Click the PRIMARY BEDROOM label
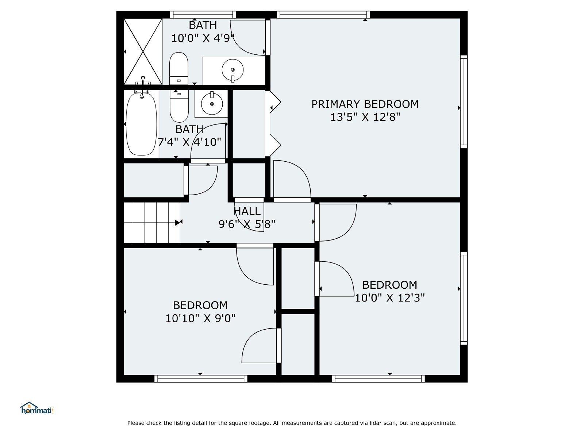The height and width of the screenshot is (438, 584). pyautogui.click(x=365, y=104)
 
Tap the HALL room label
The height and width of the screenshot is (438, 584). pyautogui.click(x=247, y=211)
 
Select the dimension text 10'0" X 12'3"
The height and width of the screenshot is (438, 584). pyautogui.click(x=389, y=298)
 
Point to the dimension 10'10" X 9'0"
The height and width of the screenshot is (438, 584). pyautogui.click(x=200, y=318)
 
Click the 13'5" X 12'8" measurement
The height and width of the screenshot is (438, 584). pyautogui.click(x=365, y=117)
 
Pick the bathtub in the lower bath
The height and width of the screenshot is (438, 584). pyautogui.click(x=141, y=124)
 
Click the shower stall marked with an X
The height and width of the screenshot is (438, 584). pyautogui.click(x=143, y=51)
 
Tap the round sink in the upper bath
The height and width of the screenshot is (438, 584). pyautogui.click(x=233, y=70)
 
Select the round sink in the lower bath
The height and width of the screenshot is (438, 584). pyautogui.click(x=212, y=104)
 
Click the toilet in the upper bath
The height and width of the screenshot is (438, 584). pyautogui.click(x=179, y=68)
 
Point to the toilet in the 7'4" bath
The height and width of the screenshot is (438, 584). pyautogui.click(x=179, y=106)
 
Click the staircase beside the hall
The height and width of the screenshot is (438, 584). pyautogui.click(x=151, y=223)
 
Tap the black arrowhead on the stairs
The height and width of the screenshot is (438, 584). pyautogui.click(x=177, y=223)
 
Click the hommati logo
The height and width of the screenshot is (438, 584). pyautogui.click(x=37, y=408)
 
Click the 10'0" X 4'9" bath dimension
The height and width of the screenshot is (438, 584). pyautogui.click(x=203, y=38)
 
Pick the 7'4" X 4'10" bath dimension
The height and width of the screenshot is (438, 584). pyautogui.click(x=189, y=142)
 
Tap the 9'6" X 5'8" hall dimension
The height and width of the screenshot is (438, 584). pyautogui.click(x=247, y=224)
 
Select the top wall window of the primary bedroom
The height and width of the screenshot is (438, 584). pyautogui.click(x=323, y=15)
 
